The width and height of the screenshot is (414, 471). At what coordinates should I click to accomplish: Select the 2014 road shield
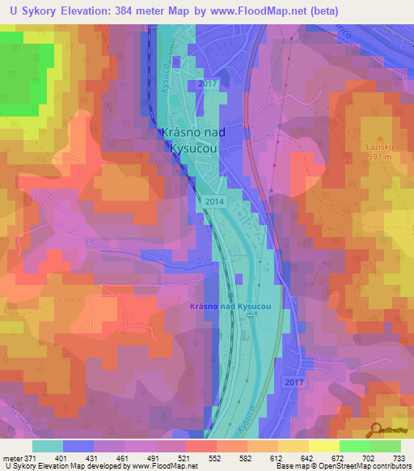pyautogui.click(x=214, y=201)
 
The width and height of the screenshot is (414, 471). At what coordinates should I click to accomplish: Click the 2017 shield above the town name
pyautogui.click(x=207, y=84)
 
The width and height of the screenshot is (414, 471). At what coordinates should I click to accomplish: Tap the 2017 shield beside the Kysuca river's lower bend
pyautogui.click(x=294, y=380)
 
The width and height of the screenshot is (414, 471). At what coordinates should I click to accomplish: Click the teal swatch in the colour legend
pyautogui.click(x=47, y=446)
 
